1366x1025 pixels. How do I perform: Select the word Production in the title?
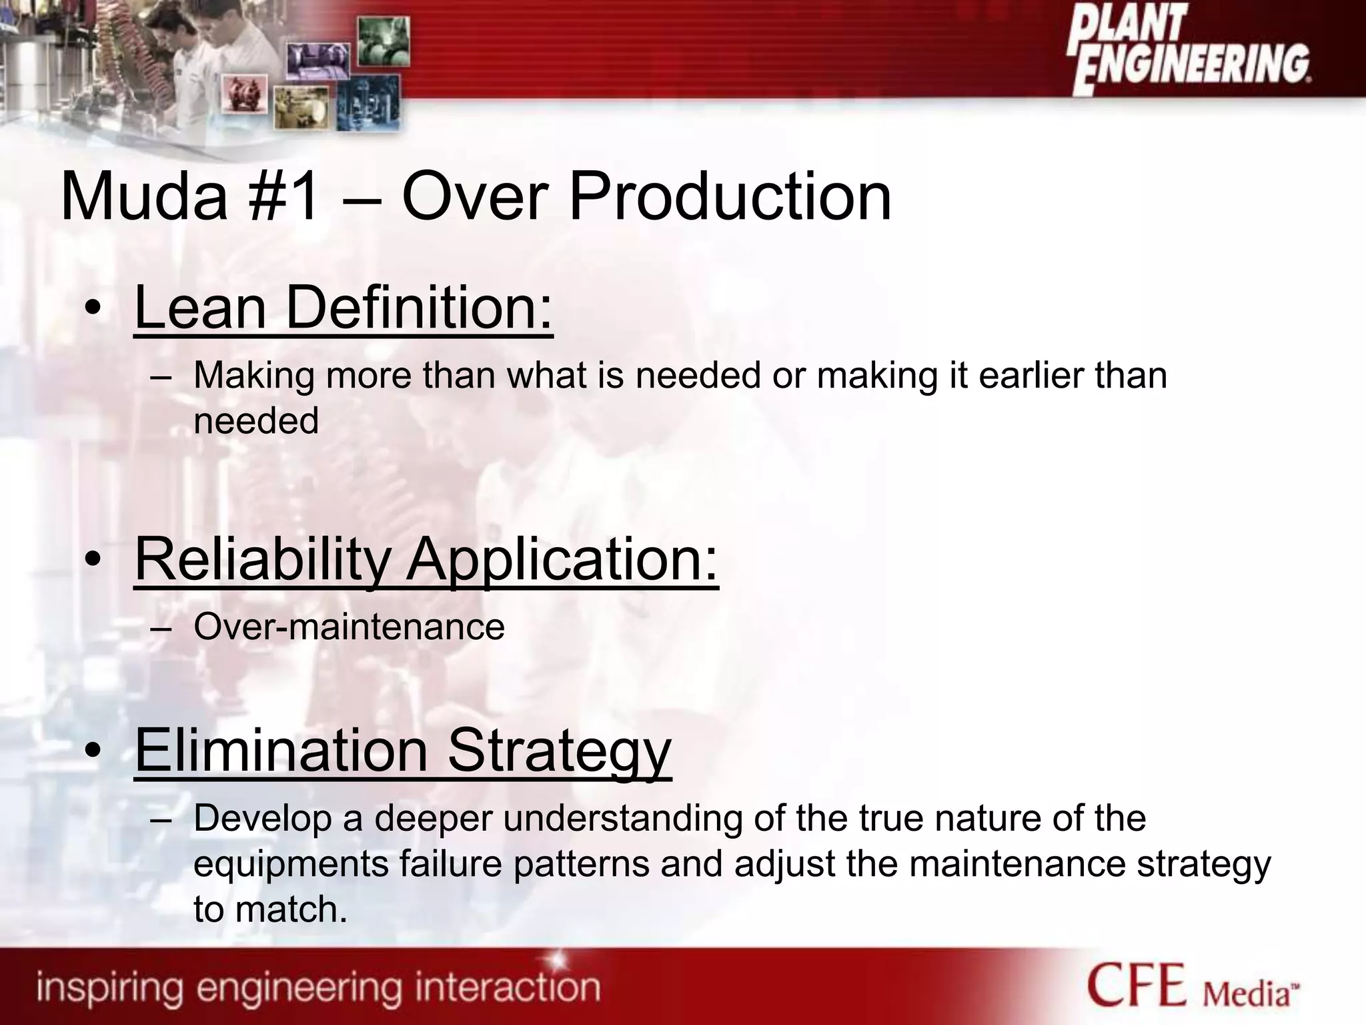(x=730, y=197)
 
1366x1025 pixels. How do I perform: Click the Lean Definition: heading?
(x=344, y=308)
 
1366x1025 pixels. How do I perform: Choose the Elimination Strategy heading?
(x=403, y=751)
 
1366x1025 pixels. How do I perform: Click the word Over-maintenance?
(x=349, y=627)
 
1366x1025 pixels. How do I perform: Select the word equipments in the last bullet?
(x=291, y=864)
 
